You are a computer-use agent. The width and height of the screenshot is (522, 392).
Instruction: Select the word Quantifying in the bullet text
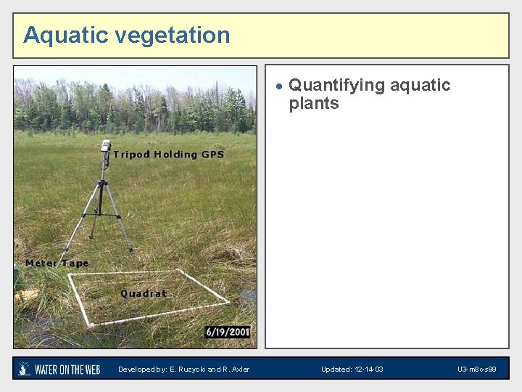click(336, 85)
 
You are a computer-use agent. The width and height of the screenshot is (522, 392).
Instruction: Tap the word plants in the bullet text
click(314, 104)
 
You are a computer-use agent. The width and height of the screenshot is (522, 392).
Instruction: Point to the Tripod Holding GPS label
click(168, 154)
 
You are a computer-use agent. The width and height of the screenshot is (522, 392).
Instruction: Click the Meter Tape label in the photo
click(57, 263)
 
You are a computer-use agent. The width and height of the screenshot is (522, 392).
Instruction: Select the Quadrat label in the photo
click(144, 294)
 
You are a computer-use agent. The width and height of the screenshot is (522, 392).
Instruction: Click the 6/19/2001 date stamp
click(227, 332)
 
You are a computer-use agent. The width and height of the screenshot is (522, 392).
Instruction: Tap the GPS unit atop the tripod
click(106, 145)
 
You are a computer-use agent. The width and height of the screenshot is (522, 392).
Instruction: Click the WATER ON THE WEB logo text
click(67, 369)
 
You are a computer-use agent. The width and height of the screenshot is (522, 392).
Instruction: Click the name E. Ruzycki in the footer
click(187, 369)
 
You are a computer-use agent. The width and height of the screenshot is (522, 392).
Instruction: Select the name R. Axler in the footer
click(236, 369)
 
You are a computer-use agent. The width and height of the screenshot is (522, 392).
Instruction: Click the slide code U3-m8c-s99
click(476, 369)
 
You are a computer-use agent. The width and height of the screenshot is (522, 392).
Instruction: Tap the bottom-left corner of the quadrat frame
click(89, 324)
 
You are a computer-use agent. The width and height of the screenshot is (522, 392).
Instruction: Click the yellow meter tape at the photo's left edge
click(25, 295)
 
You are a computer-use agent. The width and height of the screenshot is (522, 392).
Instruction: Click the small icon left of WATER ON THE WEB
click(25, 369)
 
